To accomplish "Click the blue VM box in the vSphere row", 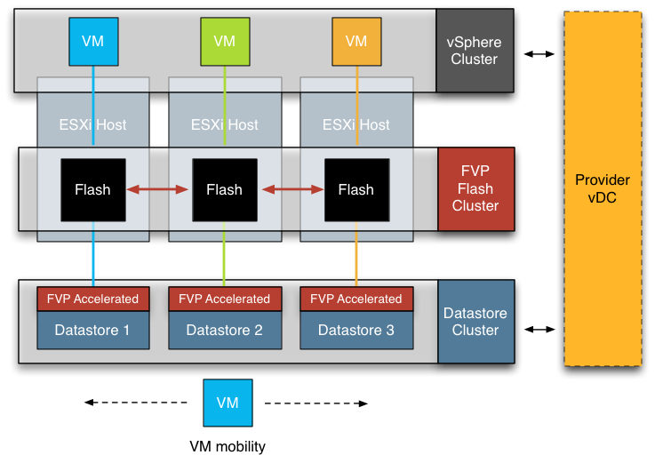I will coord(92,41).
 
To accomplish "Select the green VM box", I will coord(225,41).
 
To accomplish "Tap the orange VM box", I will coord(355,41).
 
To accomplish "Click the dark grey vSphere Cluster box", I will coord(475,52).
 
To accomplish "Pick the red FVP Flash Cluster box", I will coord(475,189).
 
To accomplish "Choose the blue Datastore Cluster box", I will coord(475,322).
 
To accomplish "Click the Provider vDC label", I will coord(603,188).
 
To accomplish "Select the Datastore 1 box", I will coord(92,331).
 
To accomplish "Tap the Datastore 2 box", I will coord(225,331).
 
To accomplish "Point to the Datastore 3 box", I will coord(355,331).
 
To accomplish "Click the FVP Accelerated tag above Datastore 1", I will coord(93,299).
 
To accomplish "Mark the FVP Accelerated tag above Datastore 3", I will coord(356,299).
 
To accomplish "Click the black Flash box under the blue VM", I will coord(92,189).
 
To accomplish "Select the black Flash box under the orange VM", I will coord(355,189).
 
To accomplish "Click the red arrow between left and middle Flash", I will coord(158,189).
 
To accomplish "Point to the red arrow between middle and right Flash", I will coord(291,189).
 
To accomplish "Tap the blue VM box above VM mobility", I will coord(228,403).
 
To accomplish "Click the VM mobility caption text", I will coord(228,446).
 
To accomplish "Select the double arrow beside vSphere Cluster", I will coord(539,54).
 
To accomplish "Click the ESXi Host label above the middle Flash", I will coord(225,125).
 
